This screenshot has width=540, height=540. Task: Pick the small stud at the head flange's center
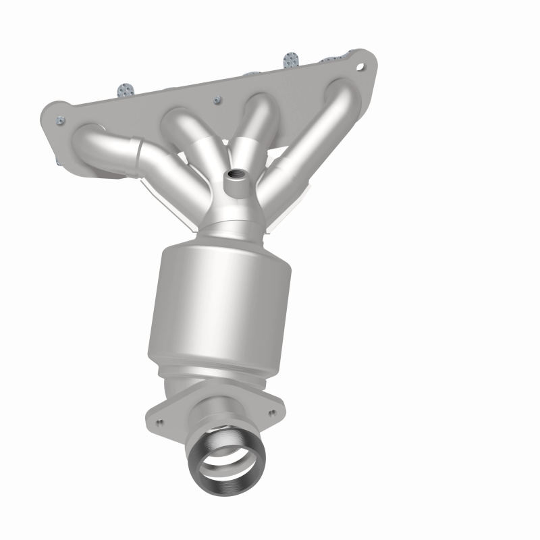point(217,101)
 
